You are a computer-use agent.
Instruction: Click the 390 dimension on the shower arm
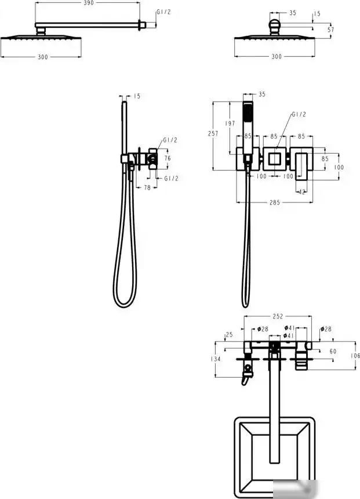click(x=89, y=3)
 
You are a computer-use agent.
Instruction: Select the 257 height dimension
click(x=213, y=133)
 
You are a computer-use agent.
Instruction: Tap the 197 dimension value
click(x=230, y=123)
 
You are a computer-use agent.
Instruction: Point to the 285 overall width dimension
click(x=275, y=203)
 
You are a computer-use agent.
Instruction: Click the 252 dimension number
click(x=278, y=316)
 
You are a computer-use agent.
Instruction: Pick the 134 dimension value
click(x=216, y=359)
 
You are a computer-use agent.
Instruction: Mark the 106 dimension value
click(x=355, y=356)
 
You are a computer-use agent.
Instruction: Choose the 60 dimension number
click(x=333, y=352)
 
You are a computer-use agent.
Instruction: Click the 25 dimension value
click(x=230, y=334)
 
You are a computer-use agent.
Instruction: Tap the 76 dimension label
click(x=168, y=158)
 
